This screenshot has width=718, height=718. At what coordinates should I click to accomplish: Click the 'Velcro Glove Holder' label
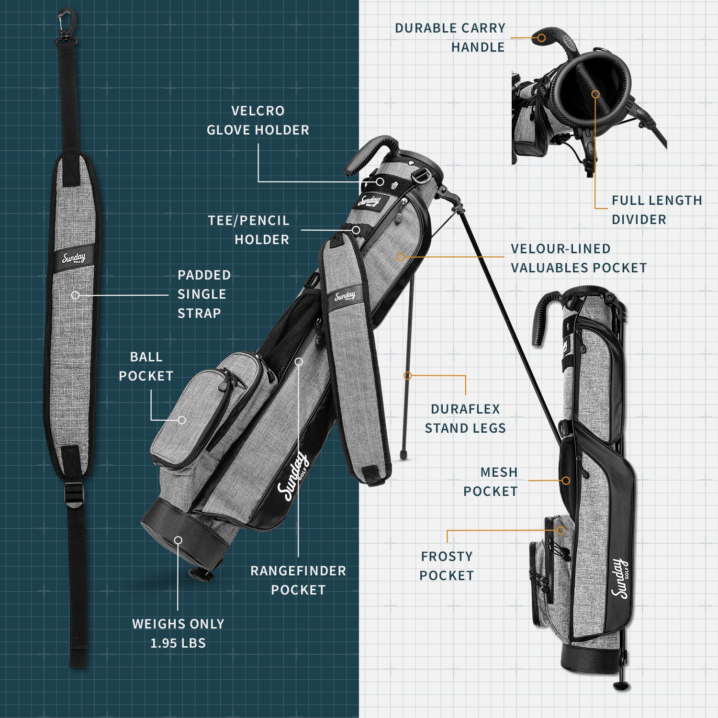pyautogui.click(x=258, y=121)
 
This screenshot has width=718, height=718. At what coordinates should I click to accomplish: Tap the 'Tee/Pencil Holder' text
pyautogui.click(x=249, y=230)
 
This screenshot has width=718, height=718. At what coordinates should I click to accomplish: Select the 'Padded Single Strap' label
pyautogui.click(x=204, y=294)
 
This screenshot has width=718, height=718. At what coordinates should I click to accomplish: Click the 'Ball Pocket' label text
pyautogui.click(x=146, y=367)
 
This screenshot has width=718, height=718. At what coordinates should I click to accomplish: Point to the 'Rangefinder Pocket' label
pyautogui.click(x=298, y=580)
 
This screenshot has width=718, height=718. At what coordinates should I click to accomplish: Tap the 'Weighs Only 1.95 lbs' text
pyautogui.click(x=178, y=633)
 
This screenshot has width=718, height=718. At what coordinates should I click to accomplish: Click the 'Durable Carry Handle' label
pyautogui.click(x=450, y=38)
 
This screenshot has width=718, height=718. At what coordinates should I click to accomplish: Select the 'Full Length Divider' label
pyautogui.click(x=656, y=210)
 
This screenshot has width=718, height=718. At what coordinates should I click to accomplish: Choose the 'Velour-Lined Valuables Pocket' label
pyautogui.click(x=578, y=258)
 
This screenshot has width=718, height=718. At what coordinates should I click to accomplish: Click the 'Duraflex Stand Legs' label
pyautogui.click(x=465, y=418)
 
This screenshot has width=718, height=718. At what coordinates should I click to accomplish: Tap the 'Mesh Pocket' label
pyautogui.click(x=491, y=482)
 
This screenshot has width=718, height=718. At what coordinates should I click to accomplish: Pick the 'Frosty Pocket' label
pyautogui.click(x=447, y=566)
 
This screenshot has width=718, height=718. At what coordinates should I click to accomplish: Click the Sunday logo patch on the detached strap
pyautogui.click(x=74, y=259)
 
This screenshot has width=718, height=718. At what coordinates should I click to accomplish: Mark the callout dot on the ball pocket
pyautogui.click(x=182, y=420)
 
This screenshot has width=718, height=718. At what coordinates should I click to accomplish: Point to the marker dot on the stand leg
pyautogui.click(x=407, y=376)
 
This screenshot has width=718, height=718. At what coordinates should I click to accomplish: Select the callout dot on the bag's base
pyautogui.click(x=178, y=540)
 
